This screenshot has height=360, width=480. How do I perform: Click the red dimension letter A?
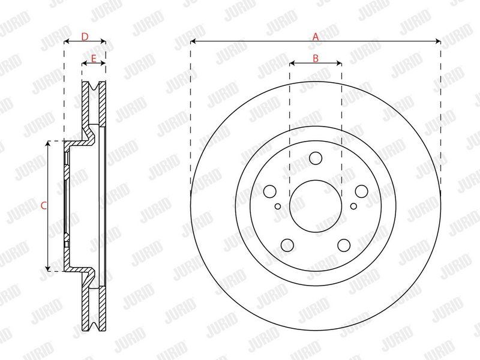316,37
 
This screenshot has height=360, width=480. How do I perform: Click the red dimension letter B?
316,58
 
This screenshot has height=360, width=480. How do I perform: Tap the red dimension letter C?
44,206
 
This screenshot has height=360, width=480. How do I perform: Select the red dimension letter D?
85,37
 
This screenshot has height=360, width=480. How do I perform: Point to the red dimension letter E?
94,58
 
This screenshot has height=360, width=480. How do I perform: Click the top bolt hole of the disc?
316,158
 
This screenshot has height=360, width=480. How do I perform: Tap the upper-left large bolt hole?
269,191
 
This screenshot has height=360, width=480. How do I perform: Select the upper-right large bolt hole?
361,191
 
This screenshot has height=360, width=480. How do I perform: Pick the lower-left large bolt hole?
287,245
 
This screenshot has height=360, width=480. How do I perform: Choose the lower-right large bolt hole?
344,245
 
